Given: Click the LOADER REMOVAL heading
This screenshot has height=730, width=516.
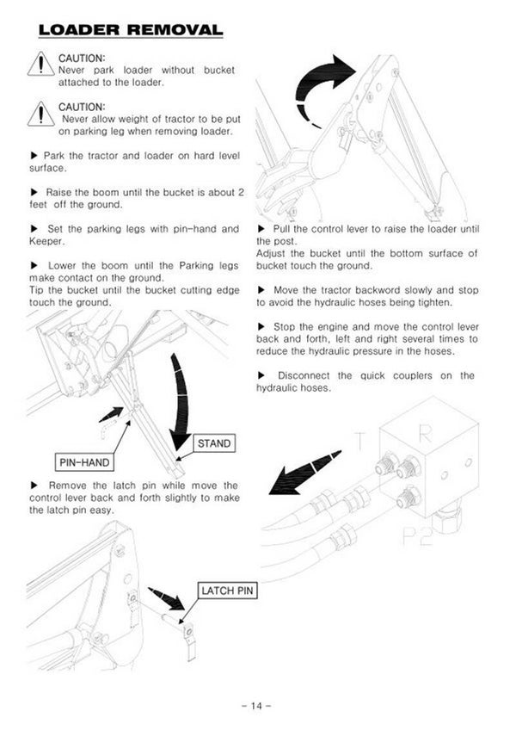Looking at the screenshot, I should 131,31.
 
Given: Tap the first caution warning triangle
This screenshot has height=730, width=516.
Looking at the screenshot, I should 40,65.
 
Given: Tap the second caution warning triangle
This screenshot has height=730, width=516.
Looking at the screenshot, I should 40,114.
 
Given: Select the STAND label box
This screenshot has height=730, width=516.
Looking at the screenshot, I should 214,443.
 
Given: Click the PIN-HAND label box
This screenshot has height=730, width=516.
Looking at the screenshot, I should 83,462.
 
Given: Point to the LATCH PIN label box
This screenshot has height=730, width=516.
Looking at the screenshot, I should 227,591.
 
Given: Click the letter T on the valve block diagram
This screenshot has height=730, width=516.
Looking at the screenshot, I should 360,440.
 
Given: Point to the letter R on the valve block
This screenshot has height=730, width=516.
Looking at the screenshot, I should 424,435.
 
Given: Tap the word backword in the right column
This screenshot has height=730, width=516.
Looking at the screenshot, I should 370,290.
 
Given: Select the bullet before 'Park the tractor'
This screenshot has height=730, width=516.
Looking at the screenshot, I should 34,155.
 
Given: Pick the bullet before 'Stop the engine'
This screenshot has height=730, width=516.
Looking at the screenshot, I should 261,327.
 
